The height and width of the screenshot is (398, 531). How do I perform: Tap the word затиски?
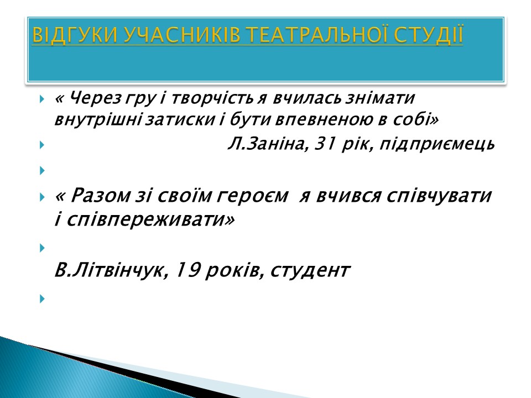(x=180, y=119)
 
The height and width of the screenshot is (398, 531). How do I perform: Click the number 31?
(x=325, y=144)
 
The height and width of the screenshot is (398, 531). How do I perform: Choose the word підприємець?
(x=437, y=144)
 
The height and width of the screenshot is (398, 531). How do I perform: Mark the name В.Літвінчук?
(x=111, y=270)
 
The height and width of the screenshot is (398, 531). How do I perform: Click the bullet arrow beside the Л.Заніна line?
(x=43, y=145)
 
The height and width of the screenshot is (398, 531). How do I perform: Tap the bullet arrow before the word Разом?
(x=43, y=197)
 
